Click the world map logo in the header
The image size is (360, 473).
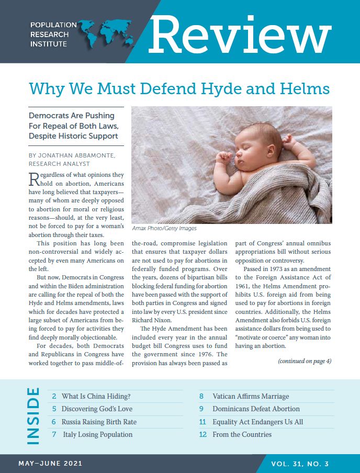click(108, 34)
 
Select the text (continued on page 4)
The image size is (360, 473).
click(305, 361)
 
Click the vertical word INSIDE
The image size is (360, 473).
click(32, 416)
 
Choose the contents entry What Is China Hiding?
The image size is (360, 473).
click(94, 396)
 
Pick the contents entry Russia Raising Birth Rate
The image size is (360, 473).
click(99, 422)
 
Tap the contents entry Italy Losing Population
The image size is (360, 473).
click(98, 434)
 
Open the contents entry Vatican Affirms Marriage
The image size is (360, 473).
click(251, 396)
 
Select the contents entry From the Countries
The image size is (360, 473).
click(242, 434)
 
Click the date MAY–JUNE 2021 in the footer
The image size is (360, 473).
click(50, 464)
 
